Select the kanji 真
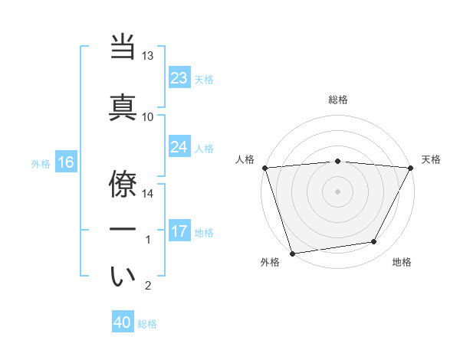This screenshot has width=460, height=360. point(123,107)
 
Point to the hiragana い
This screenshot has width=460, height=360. point(123,277)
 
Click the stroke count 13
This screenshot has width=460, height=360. point(148,56)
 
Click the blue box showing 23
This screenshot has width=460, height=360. point(179,78)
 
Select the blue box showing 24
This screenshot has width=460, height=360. point(179,147)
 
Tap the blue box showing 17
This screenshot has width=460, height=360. point(179,231)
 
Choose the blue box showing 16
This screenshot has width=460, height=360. point(65,162)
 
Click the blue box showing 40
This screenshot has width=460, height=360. point(123,322)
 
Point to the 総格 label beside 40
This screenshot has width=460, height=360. point(147,324)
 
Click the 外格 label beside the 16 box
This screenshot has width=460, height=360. point(41,163)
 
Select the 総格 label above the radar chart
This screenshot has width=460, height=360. point(337,100)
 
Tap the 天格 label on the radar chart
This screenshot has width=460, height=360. point(432,159)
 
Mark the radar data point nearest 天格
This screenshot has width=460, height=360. point(410,168)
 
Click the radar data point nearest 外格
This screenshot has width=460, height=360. point(292,253)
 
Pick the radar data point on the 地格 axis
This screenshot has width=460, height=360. point(374,242)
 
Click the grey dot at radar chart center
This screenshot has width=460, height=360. point(337,191)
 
